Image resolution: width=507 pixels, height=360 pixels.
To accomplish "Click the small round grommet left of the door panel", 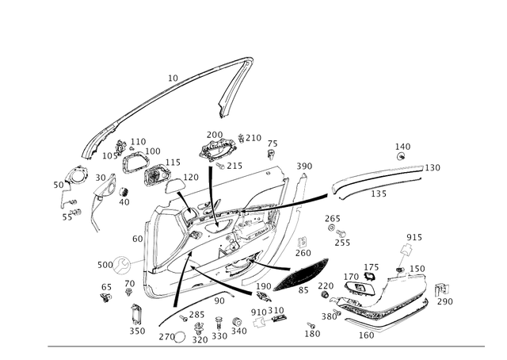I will pyautogui.click(x=121, y=264).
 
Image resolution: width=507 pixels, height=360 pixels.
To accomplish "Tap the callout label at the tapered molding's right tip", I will pyautogui.click(x=434, y=166).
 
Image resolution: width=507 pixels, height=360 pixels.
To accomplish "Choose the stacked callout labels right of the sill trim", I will pyautogui.click(x=444, y=293).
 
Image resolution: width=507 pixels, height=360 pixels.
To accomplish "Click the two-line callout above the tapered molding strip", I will pyautogui.click(x=403, y=148).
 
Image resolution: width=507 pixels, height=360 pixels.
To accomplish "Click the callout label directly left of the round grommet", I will pyautogui.click(x=101, y=262).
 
